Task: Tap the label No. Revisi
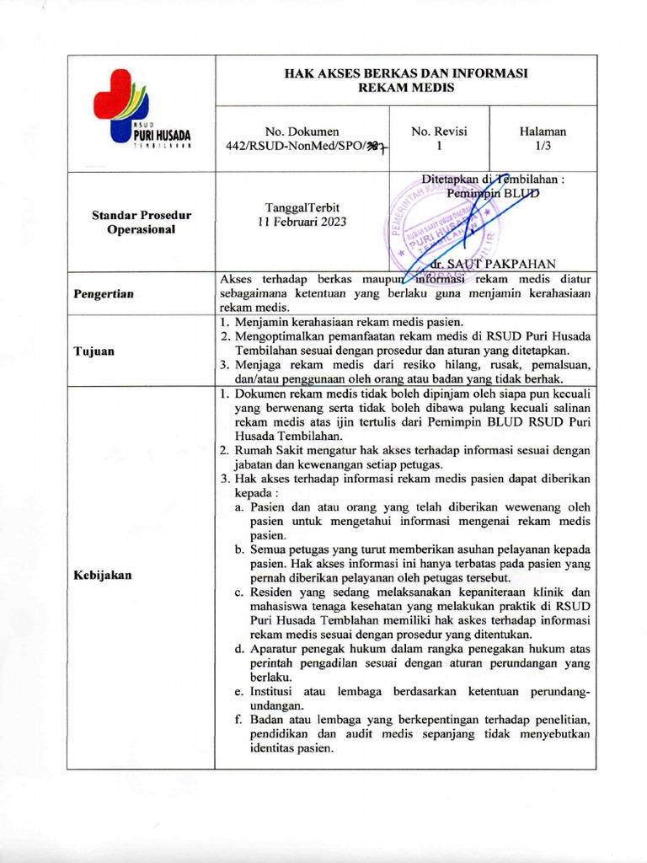click(x=438, y=131)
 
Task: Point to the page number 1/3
click(x=543, y=145)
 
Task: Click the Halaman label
click(x=543, y=131)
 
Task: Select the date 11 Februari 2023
click(x=301, y=222)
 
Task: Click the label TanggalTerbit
click(x=301, y=208)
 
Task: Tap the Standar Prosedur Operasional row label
click(x=142, y=222)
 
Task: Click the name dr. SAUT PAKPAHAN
click(x=493, y=264)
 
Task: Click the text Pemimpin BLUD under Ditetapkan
click(x=493, y=192)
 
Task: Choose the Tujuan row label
click(x=93, y=351)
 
